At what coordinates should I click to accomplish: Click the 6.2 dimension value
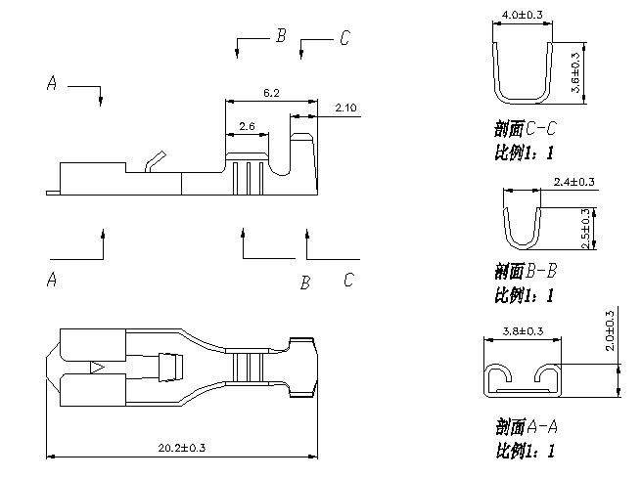click(x=271, y=93)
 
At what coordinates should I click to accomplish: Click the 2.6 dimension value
click(x=247, y=127)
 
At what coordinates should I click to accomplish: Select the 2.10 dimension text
click(x=344, y=107)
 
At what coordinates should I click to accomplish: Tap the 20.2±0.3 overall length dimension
click(x=182, y=448)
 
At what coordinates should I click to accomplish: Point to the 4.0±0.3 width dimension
click(x=522, y=15)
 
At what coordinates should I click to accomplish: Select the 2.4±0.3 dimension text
click(x=574, y=182)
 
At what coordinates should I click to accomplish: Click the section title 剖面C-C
click(x=526, y=128)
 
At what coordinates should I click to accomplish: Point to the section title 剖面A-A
click(x=526, y=426)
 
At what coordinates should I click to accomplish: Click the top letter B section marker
click(x=280, y=36)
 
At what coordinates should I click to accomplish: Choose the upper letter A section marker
click(x=52, y=84)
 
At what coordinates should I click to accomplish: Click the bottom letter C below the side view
click(x=348, y=281)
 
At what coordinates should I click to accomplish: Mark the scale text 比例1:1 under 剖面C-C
click(x=525, y=152)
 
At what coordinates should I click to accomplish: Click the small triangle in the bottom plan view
click(x=97, y=368)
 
